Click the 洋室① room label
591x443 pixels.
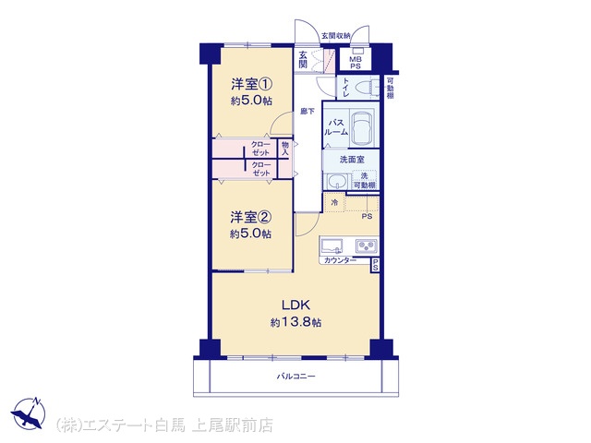tap(251, 84)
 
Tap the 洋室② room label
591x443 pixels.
tap(250, 217)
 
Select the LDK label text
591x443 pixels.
tap(295, 305)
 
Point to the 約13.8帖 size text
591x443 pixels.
tap(295, 322)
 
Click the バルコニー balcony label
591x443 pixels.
tap(295, 376)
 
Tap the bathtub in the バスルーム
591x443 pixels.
tap(361, 128)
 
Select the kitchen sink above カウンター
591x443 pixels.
tap(332, 246)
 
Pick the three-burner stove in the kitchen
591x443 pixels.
tap(367, 246)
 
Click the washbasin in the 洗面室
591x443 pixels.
tap(336, 182)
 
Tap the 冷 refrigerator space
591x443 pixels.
tap(334, 202)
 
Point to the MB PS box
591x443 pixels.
tap(355, 59)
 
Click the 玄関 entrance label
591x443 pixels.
tap(303, 59)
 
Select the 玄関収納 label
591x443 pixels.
tap(336, 36)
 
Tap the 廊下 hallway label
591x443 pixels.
tap(308, 111)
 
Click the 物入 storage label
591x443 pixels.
tap(285, 149)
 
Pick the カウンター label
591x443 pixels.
tap(340, 260)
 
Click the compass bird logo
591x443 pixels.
tap(29, 413)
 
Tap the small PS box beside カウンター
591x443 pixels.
tap(375, 265)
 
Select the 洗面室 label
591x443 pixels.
tap(352, 160)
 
